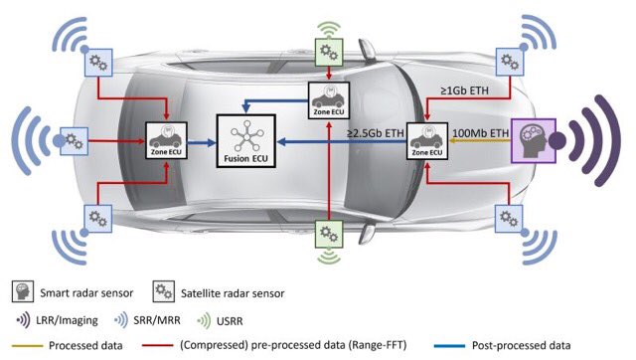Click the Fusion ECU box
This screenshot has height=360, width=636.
click(x=246, y=141)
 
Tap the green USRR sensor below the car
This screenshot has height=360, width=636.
click(x=330, y=234)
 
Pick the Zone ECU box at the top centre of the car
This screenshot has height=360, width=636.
click(x=328, y=99)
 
